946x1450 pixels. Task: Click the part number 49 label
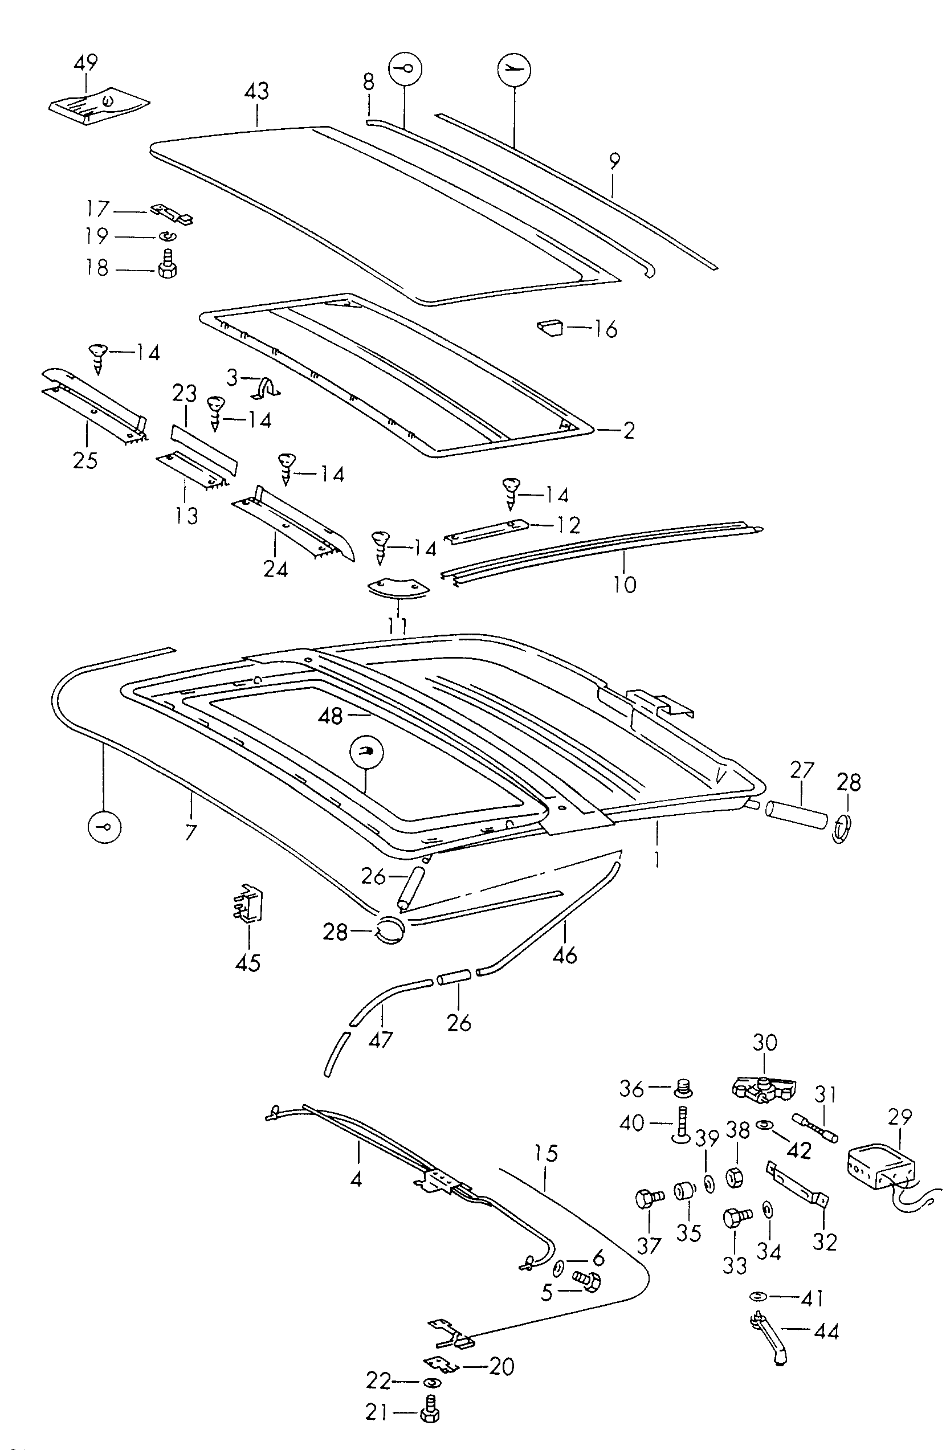[85, 63]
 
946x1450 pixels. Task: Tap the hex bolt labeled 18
[166, 265]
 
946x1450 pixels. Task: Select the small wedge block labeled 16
[551, 328]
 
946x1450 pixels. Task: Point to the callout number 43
[256, 91]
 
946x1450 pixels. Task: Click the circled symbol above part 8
[405, 69]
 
